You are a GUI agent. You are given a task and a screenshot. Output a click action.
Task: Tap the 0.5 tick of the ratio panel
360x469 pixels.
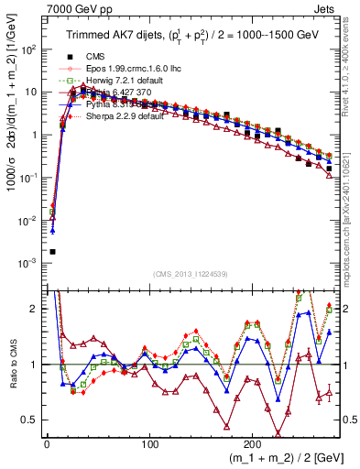(29, 420)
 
